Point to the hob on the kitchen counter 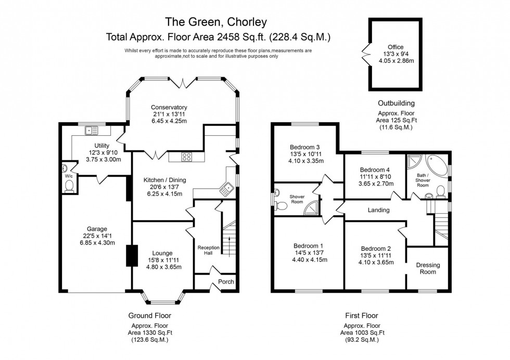coord(187,156)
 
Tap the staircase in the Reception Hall coord(227,237)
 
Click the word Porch coord(226,282)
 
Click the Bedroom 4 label coord(375,170)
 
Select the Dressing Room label coord(428,268)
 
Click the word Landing coord(378,210)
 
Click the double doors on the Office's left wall coord(365,53)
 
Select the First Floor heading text coord(361,315)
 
